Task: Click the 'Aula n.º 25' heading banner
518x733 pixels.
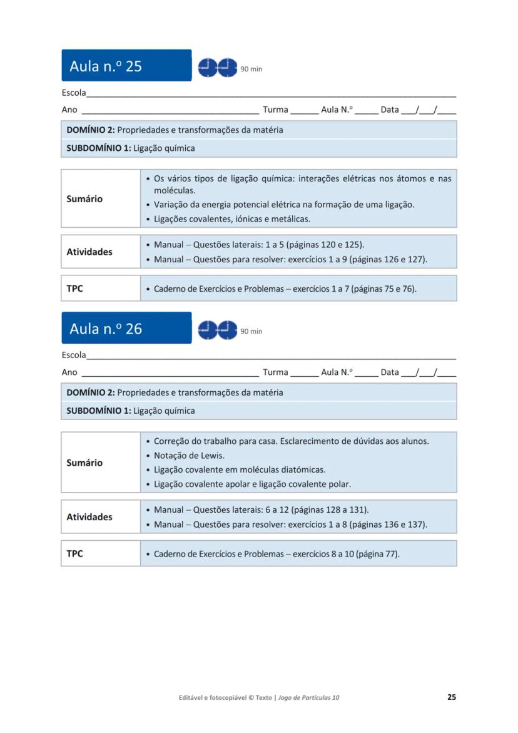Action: (x=126, y=66)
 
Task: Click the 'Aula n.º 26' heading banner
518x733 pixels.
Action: (x=126, y=328)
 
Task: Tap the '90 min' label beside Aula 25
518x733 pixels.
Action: (x=251, y=69)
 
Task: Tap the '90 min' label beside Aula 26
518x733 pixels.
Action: (x=251, y=331)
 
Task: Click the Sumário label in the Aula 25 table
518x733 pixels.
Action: (x=84, y=199)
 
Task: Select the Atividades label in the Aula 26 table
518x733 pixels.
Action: (x=89, y=517)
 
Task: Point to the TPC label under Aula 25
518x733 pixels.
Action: (x=74, y=289)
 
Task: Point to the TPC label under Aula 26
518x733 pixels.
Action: (x=74, y=553)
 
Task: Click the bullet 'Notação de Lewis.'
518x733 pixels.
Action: (x=189, y=456)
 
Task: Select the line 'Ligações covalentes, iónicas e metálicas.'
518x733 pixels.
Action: (x=232, y=219)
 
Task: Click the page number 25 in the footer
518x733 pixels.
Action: (x=451, y=697)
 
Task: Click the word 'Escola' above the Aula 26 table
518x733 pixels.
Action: (x=74, y=355)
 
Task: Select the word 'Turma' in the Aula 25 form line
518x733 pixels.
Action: (x=275, y=110)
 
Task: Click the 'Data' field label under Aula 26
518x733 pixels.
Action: (x=389, y=372)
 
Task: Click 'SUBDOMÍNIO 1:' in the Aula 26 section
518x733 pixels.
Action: (x=99, y=411)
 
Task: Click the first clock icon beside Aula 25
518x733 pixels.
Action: (x=207, y=67)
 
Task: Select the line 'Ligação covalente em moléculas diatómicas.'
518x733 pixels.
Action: (x=240, y=469)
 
